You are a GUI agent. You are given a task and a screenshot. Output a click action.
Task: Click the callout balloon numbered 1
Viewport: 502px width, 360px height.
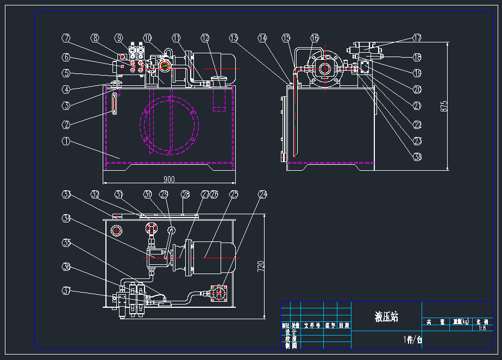click(66, 142)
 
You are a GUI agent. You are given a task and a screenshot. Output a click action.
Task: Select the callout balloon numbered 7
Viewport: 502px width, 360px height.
click(66, 39)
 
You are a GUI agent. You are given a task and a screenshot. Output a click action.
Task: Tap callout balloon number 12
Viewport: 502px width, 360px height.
click(205, 39)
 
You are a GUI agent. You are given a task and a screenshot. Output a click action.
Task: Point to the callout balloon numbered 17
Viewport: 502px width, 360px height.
click(417, 39)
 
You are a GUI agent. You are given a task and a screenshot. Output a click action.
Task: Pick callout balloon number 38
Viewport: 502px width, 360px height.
click(417, 157)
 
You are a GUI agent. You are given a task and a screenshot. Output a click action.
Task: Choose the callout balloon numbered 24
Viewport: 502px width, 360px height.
click(263, 194)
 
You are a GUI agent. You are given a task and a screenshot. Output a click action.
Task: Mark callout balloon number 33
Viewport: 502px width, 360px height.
click(66, 194)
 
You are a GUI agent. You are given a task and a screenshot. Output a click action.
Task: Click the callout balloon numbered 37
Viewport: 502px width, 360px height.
click(66, 291)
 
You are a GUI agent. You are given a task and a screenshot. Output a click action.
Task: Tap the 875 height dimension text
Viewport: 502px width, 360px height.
click(444, 106)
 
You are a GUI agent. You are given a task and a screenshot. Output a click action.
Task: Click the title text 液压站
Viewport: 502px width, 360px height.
click(386, 316)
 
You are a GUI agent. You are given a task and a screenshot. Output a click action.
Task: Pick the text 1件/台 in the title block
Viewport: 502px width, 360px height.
click(412, 340)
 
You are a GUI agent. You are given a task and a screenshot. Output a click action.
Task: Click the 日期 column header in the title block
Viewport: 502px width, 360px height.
click(344, 326)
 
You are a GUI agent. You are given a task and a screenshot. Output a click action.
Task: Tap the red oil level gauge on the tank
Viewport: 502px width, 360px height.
click(115, 103)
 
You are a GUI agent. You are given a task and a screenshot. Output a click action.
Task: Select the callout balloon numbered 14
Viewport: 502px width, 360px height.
click(263, 39)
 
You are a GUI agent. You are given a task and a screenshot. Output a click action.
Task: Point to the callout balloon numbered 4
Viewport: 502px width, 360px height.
click(66, 90)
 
